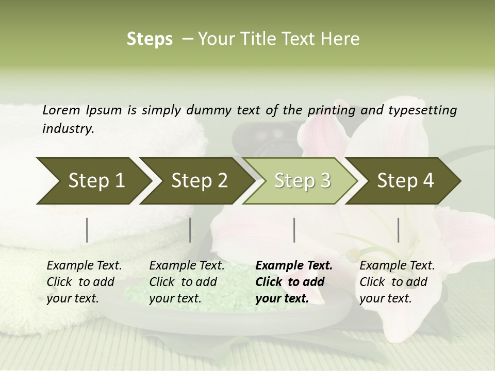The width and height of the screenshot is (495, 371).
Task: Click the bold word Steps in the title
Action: click(x=150, y=39)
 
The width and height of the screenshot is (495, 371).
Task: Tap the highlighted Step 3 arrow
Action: click(x=302, y=180)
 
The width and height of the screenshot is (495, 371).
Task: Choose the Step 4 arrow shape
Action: click(x=405, y=180)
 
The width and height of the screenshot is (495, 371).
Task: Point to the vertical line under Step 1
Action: click(x=87, y=230)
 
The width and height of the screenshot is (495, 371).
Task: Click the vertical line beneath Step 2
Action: click(x=190, y=230)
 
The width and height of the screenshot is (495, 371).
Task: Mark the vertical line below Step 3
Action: click(x=294, y=230)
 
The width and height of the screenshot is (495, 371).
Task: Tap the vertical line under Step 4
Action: click(x=399, y=230)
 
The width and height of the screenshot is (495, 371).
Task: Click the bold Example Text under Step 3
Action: click(x=294, y=266)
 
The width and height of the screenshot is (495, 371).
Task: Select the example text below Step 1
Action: click(x=84, y=282)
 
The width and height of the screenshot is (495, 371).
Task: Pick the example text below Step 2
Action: click(x=187, y=282)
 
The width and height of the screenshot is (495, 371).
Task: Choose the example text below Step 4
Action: click(x=397, y=282)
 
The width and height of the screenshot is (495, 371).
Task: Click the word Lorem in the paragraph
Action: click(x=61, y=110)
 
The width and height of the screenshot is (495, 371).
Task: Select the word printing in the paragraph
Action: click(x=331, y=110)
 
